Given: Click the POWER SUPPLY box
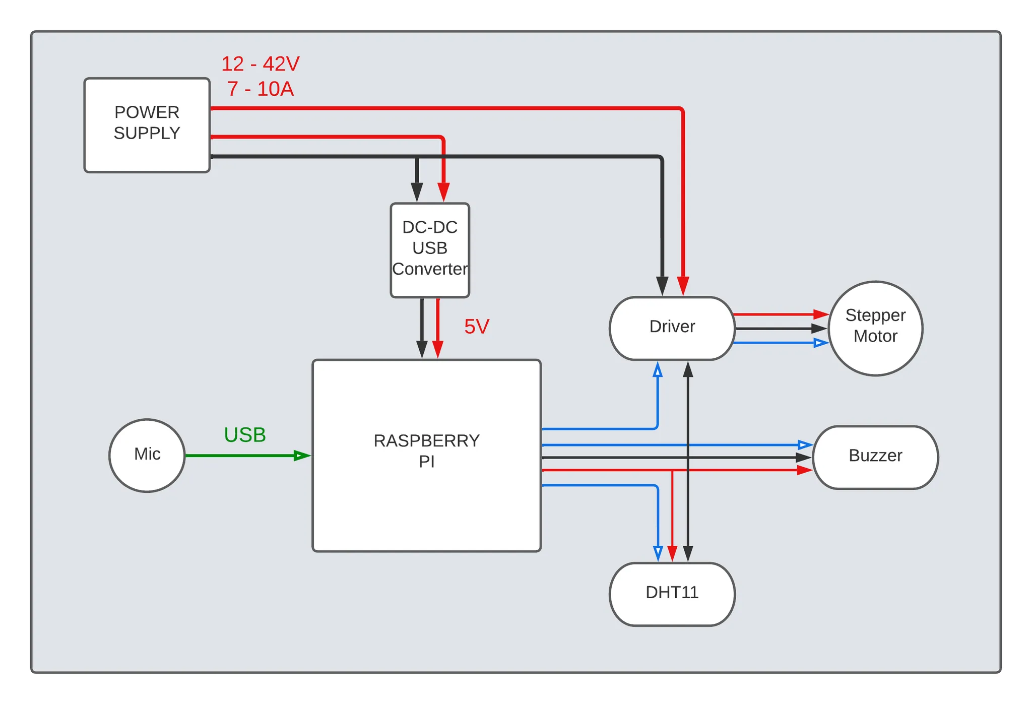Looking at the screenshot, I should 147,125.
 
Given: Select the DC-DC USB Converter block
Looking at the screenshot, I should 430,250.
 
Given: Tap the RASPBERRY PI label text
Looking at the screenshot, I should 426,451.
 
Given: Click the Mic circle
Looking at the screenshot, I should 147,455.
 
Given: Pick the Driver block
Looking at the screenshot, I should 672,328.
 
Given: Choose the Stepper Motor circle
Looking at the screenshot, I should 875,328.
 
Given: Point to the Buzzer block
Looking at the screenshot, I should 875,457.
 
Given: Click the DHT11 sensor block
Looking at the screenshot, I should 672,594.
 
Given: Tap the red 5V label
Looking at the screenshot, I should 476,327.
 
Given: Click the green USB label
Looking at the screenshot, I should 245,435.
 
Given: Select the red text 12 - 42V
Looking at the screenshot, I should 261,64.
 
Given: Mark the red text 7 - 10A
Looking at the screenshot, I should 261,89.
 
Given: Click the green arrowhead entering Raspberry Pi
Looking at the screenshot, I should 302,456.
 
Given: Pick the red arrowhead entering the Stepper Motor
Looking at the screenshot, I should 821,314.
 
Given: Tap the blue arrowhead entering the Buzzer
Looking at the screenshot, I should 805,445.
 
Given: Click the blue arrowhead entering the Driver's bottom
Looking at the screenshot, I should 658,370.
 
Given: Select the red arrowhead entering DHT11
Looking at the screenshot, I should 672,553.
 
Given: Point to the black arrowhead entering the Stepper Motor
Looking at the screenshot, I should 819,329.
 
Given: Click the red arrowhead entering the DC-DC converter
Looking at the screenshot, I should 443,193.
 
